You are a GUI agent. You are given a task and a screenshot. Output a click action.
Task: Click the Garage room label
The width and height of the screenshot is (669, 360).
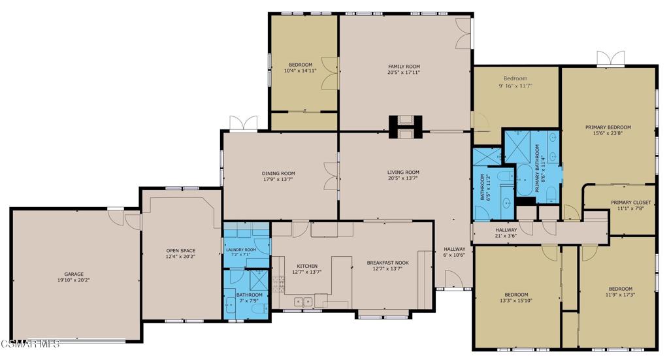pos(73,274)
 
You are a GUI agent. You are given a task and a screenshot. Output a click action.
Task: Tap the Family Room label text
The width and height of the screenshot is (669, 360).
pos(403,67)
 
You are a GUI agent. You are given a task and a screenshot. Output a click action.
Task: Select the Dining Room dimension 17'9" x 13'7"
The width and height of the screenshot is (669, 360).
pos(279,180)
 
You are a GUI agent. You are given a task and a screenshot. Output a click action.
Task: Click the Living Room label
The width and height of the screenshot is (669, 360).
pos(403,172)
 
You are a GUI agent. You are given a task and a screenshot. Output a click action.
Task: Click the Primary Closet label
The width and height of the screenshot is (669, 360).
pos(628,203)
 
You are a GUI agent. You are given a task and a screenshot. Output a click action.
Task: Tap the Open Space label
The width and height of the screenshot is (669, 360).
pos(181,251)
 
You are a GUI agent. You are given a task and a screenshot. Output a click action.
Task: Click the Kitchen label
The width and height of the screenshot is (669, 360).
pos(307,266)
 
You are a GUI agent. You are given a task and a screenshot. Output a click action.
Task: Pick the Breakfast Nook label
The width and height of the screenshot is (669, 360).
pos(387,263)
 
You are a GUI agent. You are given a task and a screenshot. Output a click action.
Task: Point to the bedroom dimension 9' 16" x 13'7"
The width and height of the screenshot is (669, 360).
pos(515,86)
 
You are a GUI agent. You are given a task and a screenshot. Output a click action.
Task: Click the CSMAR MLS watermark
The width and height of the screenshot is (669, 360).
pos(30,344)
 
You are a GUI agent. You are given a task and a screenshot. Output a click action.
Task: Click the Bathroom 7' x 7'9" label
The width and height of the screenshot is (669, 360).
pos(249,298)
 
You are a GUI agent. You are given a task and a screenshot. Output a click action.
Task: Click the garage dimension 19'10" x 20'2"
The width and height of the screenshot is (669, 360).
pos(73,280)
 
